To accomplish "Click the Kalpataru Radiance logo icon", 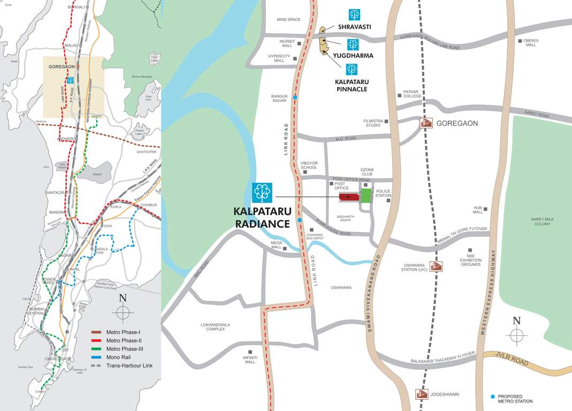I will click(x=262, y=193).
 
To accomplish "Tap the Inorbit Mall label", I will click(x=287, y=43).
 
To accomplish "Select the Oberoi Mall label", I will click(x=530, y=42).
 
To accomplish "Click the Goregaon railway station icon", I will click(x=426, y=123).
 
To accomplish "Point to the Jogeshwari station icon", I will click(x=422, y=394).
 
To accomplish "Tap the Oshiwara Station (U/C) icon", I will click(x=437, y=266).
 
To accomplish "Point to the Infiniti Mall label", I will click(x=250, y=360).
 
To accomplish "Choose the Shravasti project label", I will click(x=354, y=26).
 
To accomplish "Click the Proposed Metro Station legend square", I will click(x=493, y=397).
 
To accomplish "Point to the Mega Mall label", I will click(x=276, y=245).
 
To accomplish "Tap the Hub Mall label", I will click(x=477, y=210).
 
